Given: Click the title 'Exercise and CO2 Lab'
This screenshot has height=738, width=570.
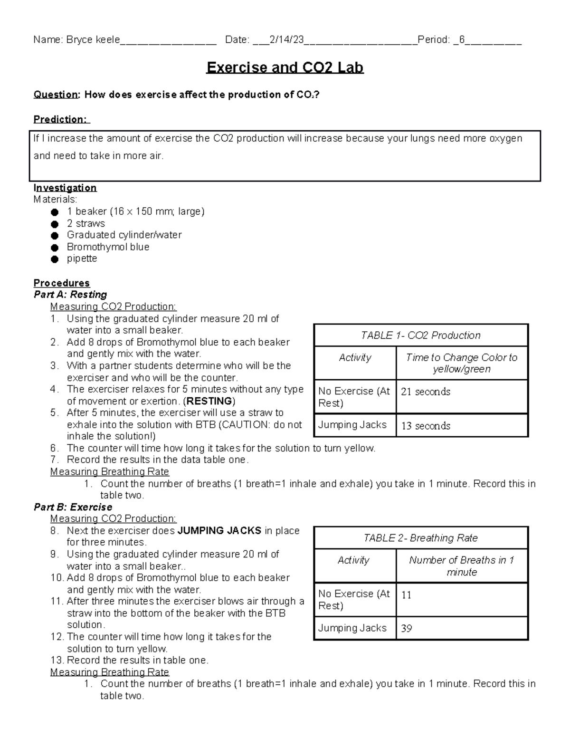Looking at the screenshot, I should [285, 67].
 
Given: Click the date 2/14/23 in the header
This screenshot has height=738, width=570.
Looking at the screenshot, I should [286, 40].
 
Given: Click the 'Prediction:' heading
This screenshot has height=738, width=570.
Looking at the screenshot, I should [60, 119].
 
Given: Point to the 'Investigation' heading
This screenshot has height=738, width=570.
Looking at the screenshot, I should [65, 188].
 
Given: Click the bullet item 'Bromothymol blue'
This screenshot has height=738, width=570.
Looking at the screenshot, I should [108, 247].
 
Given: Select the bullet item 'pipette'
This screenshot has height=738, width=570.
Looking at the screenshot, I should [82, 259].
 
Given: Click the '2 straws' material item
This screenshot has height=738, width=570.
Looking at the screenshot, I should [86, 223].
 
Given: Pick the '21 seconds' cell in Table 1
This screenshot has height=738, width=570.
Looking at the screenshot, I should [426, 392].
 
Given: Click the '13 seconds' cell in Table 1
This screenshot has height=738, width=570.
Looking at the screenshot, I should [426, 426].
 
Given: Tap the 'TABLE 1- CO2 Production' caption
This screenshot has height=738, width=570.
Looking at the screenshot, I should [421, 335].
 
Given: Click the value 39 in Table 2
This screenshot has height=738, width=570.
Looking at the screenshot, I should [407, 628].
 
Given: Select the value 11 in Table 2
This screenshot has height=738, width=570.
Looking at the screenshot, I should [407, 595].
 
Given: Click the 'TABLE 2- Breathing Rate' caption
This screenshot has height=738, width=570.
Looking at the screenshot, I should [421, 538].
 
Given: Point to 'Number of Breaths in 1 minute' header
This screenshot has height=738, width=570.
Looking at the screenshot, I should [462, 566].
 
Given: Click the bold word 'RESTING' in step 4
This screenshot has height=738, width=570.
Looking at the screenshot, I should [209, 401].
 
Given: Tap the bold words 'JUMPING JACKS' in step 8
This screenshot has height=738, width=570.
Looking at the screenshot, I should [219, 530].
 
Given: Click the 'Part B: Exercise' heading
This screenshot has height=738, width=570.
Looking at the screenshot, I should [73, 507].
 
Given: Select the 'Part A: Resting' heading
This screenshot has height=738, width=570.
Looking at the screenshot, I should [70, 295].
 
